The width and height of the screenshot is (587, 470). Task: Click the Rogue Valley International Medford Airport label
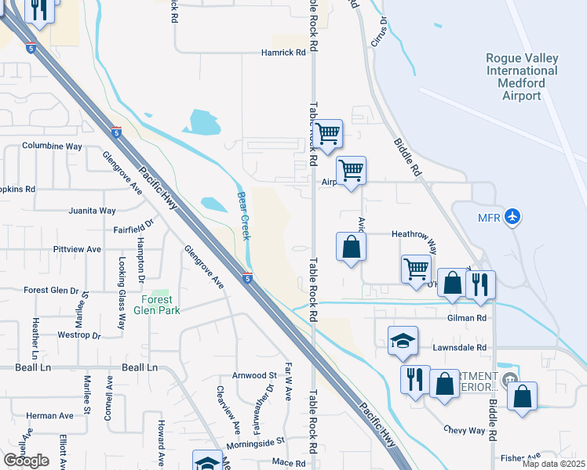point(521,77)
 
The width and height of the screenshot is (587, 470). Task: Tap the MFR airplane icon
point(512,215)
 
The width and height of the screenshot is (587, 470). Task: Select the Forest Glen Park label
point(161,305)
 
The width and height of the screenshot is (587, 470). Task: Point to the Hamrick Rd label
point(283,53)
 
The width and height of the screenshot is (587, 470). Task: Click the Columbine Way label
point(52,146)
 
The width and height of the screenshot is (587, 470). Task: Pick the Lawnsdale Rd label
point(460,347)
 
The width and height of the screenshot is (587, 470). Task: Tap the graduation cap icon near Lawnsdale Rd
point(403,340)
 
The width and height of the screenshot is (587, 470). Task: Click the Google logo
point(26,461)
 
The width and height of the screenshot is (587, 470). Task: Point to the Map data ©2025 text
point(553,464)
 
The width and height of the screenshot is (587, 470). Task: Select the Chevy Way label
point(464,429)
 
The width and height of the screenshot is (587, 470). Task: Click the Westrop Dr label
point(80,335)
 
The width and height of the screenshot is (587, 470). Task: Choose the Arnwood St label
point(256,375)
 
